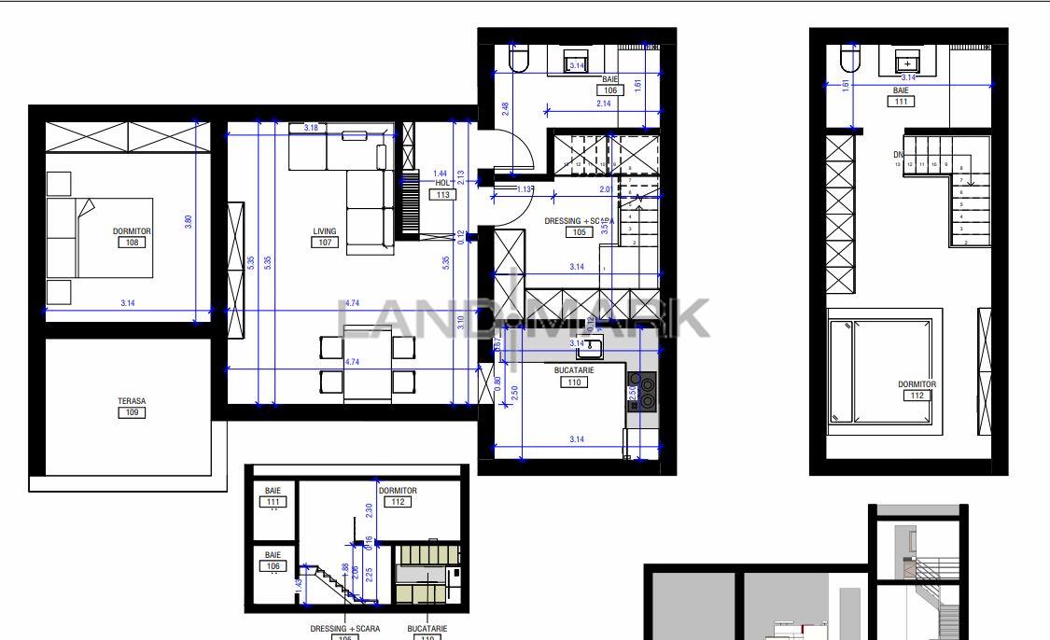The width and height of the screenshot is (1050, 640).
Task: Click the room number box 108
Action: [133, 243]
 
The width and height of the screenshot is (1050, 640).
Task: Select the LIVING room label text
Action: [325, 231]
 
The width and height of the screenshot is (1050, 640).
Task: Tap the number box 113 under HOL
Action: [442, 195]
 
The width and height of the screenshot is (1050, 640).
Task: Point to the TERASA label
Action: [132, 401]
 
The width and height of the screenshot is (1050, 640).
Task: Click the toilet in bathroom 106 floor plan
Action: [519, 61]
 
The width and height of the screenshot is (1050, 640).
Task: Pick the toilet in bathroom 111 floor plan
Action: [849, 61]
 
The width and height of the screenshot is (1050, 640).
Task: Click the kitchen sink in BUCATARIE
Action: [588, 349]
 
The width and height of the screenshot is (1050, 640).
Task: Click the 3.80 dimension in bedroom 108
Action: [189, 223]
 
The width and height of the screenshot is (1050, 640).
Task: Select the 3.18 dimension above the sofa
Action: [311, 128]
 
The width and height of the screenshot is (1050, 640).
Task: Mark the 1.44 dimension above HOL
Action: [441, 174]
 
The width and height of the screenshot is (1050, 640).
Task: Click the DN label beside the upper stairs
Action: [898, 155]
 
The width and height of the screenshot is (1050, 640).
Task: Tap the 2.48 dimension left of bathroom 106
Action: [505, 108]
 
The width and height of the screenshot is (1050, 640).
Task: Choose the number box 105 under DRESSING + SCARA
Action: [580, 232]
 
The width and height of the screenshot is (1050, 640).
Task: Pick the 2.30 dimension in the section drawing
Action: [369, 510]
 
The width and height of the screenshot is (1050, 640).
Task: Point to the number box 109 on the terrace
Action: [132, 412]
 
